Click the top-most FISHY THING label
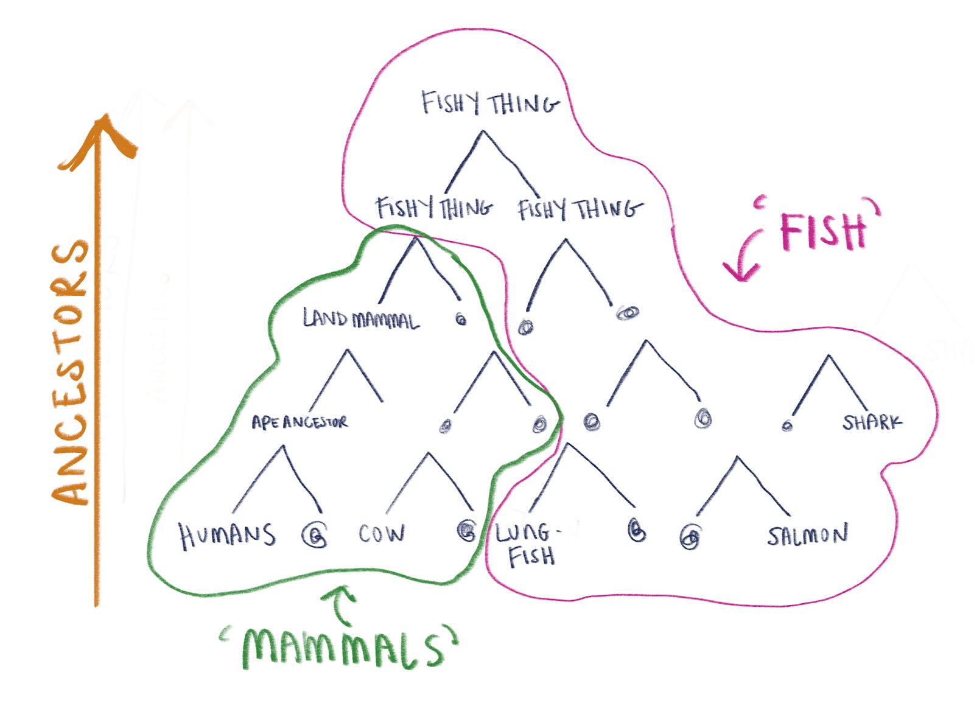tap(490, 103)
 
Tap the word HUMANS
tap(226, 536)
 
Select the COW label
tap(381, 534)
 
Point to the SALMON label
tap(807, 535)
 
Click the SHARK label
tap(872, 422)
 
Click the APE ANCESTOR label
tap(300, 422)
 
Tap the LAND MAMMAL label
tap(361, 319)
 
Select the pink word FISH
tap(823, 231)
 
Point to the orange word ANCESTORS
tap(71, 371)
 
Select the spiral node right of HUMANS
tap(315, 536)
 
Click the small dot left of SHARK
tap(787, 425)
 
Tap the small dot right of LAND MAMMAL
tap(461, 319)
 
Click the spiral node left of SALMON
tap(690, 537)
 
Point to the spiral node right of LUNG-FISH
tap(636, 531)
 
